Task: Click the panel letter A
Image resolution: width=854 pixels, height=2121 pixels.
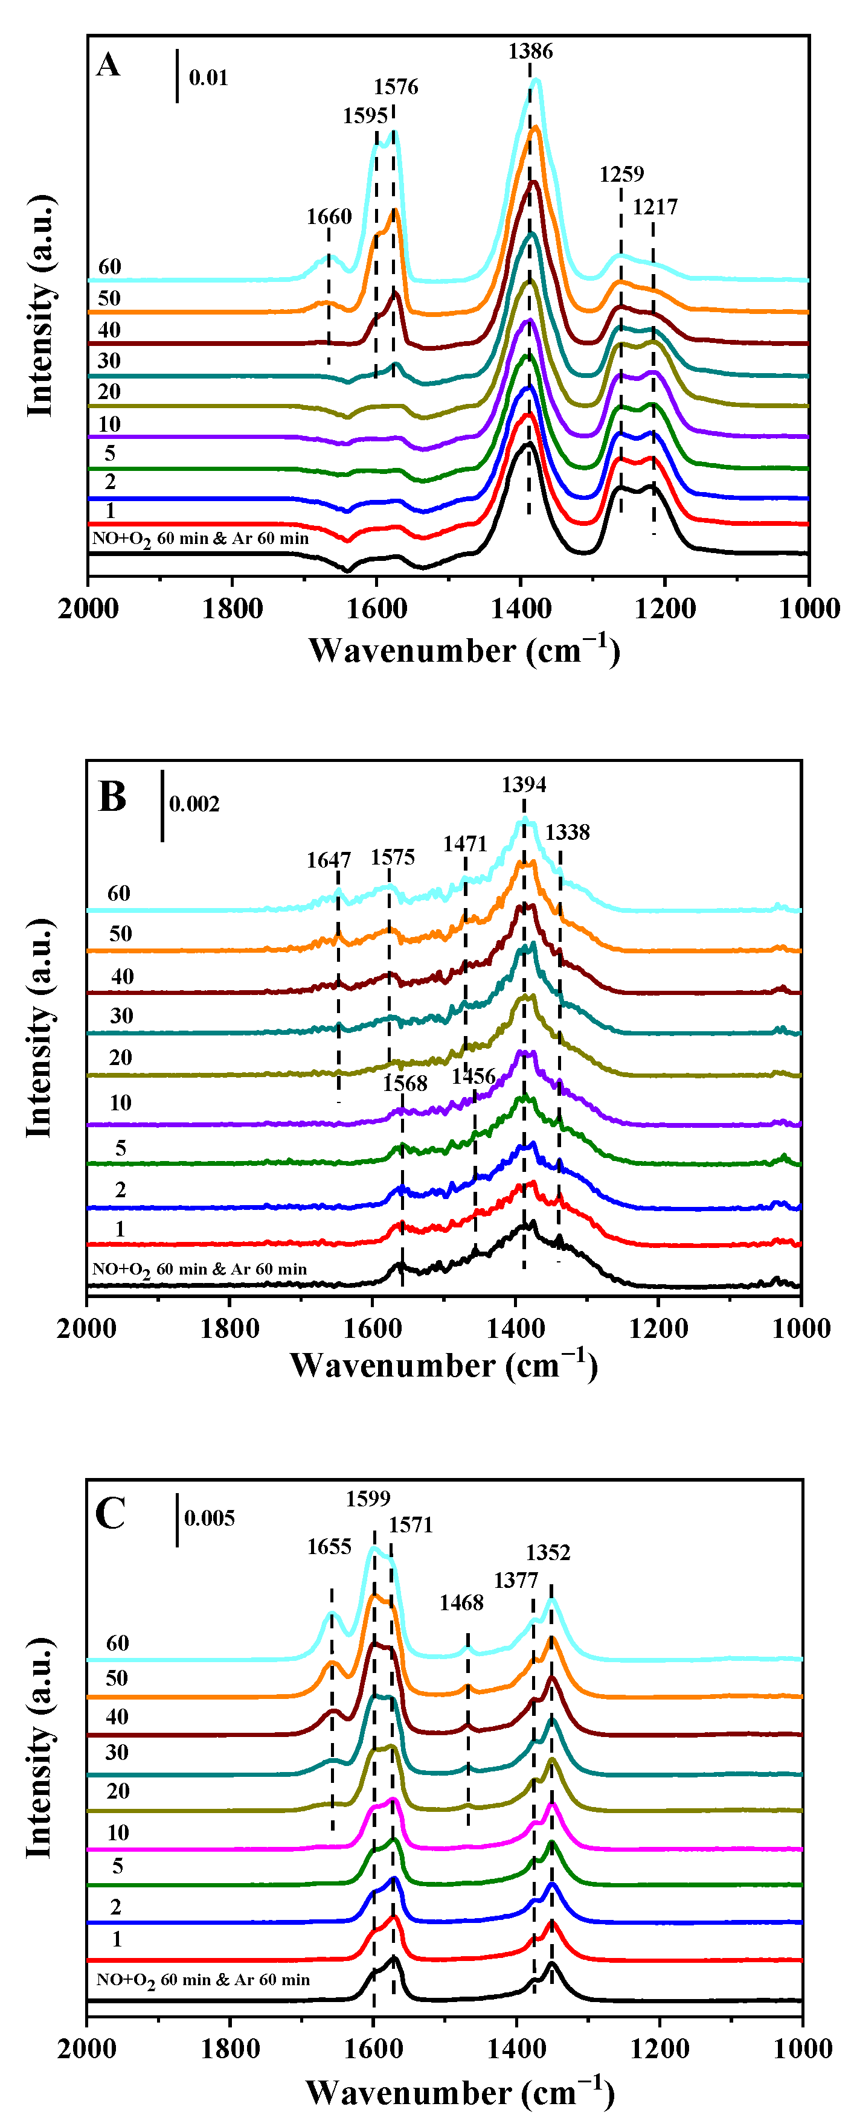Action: point(108,64)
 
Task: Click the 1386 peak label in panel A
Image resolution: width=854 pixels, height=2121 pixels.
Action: point(530,51)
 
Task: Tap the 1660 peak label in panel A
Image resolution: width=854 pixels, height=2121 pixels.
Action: point(329,217)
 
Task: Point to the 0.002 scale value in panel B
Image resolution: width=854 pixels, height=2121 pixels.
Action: point(194,804)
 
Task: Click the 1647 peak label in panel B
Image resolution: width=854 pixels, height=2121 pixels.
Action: point(329,860)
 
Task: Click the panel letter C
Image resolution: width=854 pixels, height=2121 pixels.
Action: point(111,1514)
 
